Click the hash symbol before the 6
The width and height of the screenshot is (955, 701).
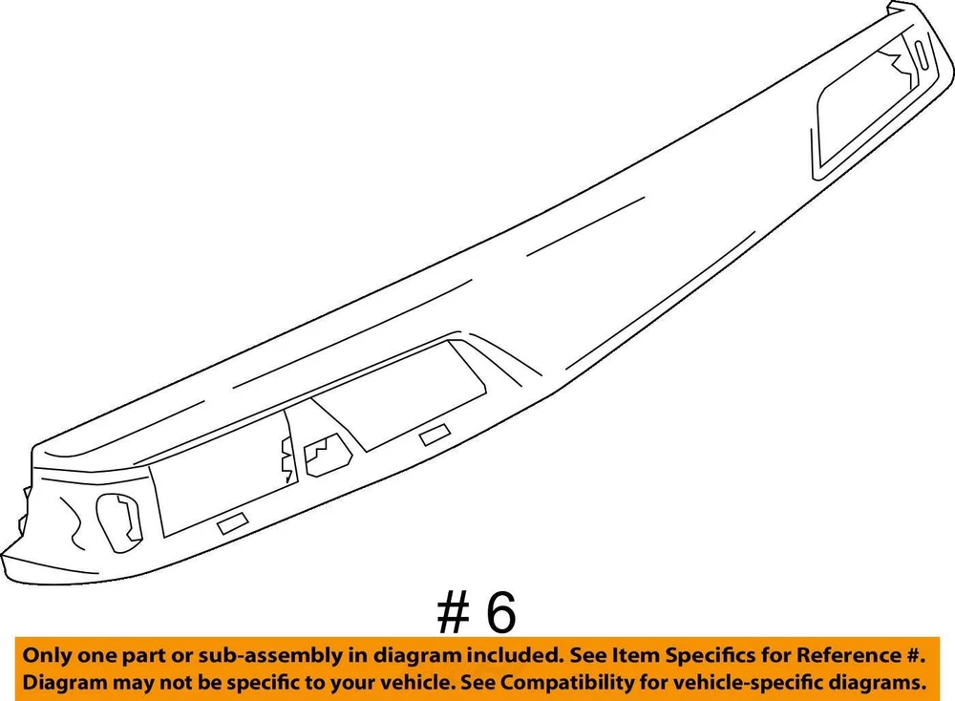pos(454,612)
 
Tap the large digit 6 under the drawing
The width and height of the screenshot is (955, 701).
pos(500,612)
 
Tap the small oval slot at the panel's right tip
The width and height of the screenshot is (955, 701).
pos(920,55)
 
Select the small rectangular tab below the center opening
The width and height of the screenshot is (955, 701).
pos(435,435)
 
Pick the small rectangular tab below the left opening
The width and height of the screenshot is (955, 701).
pos(233,523)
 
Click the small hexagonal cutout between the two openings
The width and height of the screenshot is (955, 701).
pos(327,455)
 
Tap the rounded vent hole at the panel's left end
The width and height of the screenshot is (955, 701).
pos(119,522)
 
